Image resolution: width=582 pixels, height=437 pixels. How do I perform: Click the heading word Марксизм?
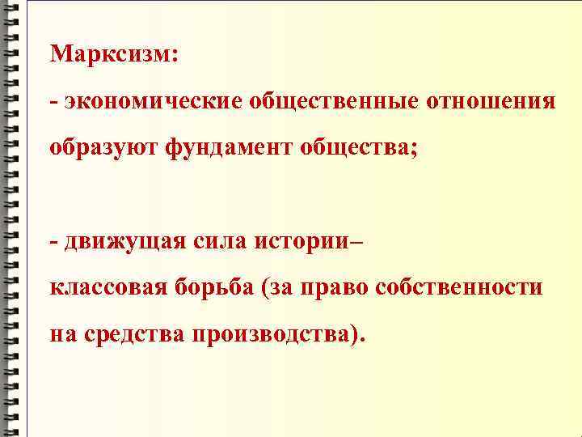113,56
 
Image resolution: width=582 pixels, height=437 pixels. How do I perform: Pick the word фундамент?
234,148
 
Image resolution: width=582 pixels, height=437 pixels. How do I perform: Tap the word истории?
303,241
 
